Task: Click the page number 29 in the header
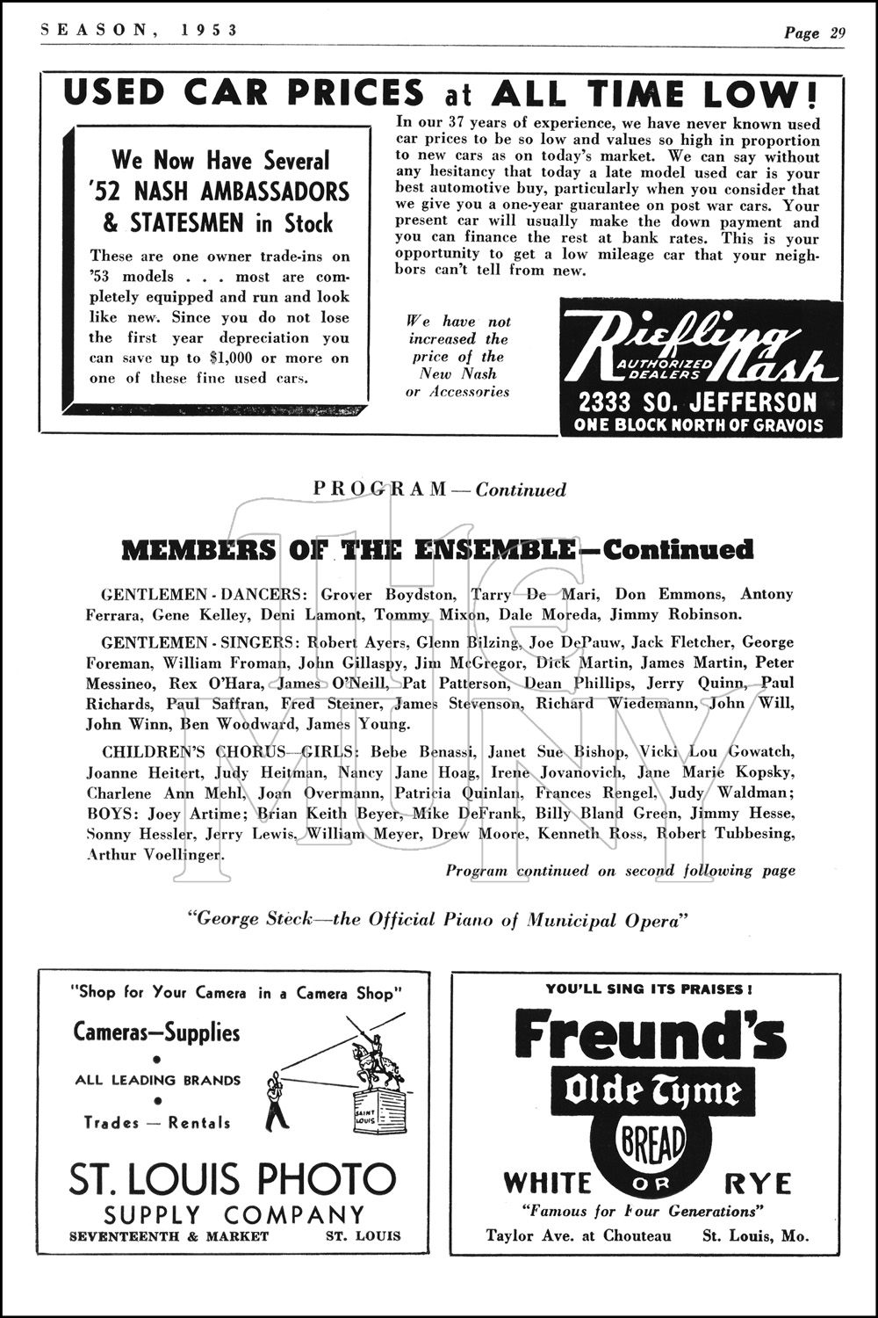(x=837, y=33)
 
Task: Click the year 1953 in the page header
(x=211, y=31)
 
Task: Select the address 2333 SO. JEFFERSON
(x=697, y=403)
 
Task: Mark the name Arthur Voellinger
(x=155, y=854)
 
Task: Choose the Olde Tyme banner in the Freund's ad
(x=652, y=1092)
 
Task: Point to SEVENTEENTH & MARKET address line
(x=169, y=1235)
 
